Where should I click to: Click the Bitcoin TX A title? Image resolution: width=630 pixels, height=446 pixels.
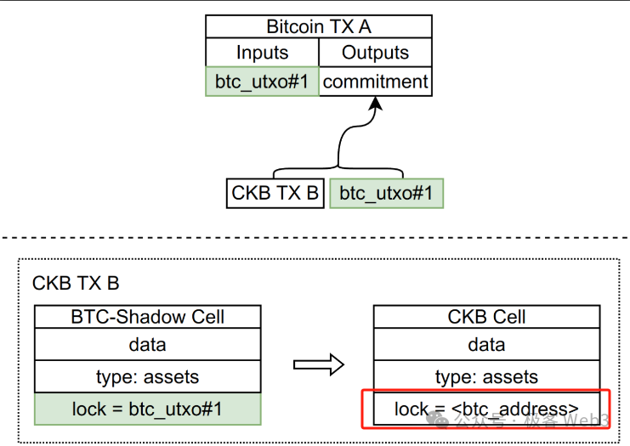318,26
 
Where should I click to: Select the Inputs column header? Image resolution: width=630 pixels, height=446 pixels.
262,53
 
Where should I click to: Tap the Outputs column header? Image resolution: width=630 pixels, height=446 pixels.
375,53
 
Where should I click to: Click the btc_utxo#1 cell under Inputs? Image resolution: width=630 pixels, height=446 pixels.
262,82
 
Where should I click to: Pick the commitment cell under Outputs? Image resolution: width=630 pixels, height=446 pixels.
375,82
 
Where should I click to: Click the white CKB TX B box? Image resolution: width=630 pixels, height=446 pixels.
275,193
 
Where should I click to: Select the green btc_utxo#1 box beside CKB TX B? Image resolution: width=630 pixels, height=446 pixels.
386,193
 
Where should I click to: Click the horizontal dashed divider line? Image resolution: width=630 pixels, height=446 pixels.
315,237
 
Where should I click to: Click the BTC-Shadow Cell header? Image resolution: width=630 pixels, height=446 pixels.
147,317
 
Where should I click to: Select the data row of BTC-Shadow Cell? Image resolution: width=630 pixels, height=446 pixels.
147,344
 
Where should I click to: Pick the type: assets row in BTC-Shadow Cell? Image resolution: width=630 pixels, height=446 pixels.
147,376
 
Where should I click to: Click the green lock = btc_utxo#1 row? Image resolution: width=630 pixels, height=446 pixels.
147,409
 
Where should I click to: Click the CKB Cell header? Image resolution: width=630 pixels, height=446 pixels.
486,317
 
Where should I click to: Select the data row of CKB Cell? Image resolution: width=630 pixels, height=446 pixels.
486,344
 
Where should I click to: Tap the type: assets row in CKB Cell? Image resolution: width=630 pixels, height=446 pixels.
486,376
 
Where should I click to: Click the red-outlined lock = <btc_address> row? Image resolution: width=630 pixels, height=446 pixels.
486,409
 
